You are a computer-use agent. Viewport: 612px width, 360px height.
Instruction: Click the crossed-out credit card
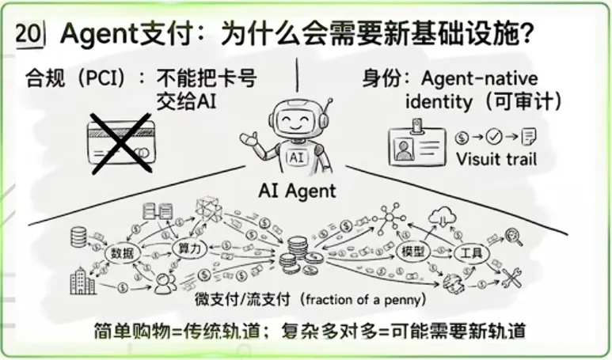coord(120,142)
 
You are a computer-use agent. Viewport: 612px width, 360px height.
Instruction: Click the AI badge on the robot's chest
coord(297,157)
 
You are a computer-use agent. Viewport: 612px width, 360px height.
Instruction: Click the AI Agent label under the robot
coord(297,191)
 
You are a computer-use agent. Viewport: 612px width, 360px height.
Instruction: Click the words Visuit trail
coord(496,159)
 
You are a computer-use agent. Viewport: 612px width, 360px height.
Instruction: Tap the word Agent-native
coord(479,78)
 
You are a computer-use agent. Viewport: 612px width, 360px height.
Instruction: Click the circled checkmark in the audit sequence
coord(496,135)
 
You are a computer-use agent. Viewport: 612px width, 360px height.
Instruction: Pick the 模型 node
coord(414,251)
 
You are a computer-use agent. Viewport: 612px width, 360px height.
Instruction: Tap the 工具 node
coord(471,253)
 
